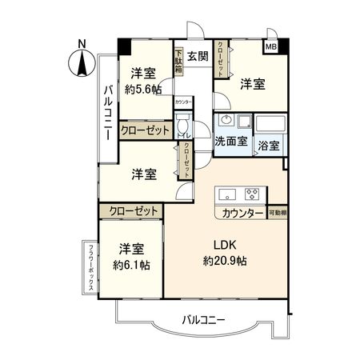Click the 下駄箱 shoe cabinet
[x=179, y=62]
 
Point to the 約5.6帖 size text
[x=143, y=90]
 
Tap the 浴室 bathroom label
[x=270, y=145]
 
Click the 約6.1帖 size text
[x=128, y=263]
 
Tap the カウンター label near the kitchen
[x=240, y=213]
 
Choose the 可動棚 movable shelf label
[x=278, y=212]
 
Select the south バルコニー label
[x=203, y=320]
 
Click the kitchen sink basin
[x=226, y=192]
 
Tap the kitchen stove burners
[x=253, y=192]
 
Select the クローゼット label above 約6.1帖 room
[x=130, y=210]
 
